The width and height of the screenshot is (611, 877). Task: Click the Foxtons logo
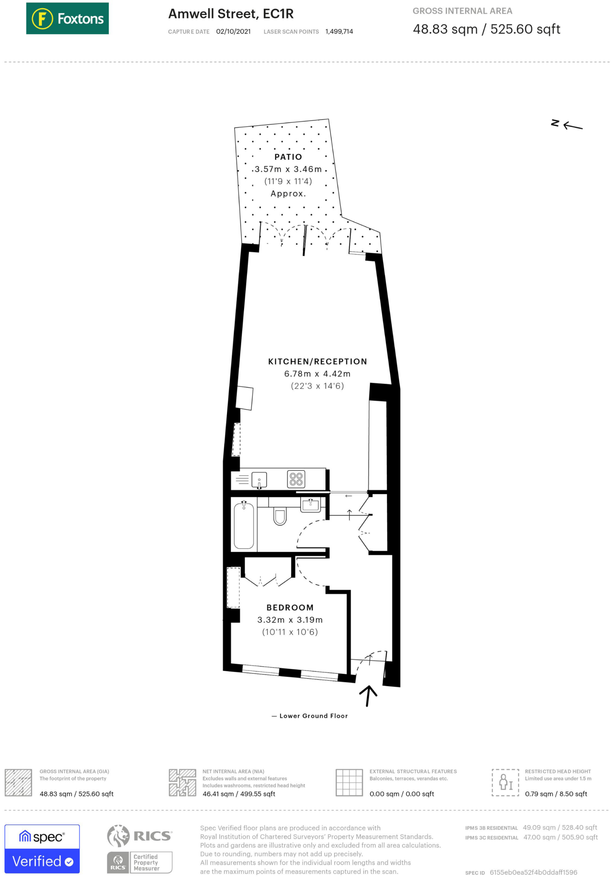click(x=67, y=18)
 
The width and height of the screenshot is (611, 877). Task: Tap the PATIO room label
click(x=288, y=157)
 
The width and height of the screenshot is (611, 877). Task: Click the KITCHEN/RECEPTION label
click(x=317, y=361)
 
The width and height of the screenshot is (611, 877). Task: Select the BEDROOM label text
click(x=290, y=607)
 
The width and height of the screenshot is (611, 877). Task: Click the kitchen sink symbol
click(x=259, y=480)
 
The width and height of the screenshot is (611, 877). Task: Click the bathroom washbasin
click(x=310, y=505)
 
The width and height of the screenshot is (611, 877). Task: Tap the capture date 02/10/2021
click(x=233, y=32)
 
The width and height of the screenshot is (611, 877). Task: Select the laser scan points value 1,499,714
click(x=339, y=32)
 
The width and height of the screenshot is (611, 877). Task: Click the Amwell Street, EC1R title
click(x=231, y=14)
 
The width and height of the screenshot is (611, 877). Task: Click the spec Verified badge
click(x=42, y=848)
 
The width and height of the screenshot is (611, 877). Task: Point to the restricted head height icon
click(x=505, y=782)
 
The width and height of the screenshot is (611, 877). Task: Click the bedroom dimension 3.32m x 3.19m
click(x=290, y=620)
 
